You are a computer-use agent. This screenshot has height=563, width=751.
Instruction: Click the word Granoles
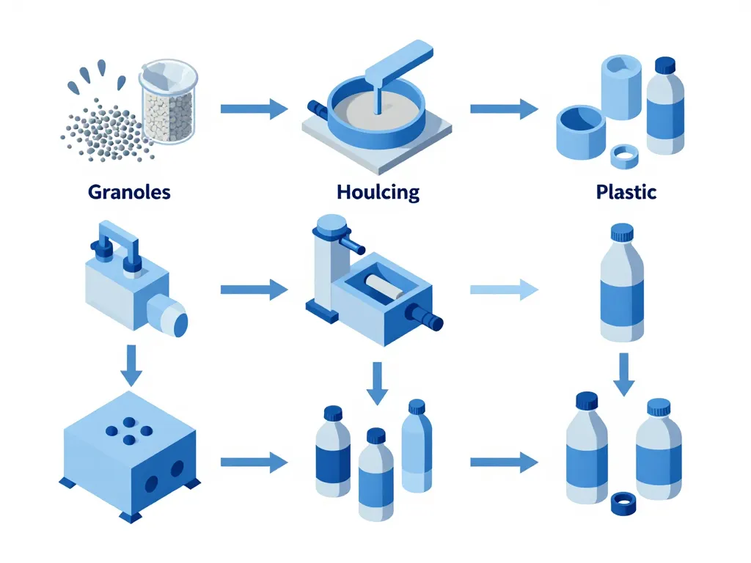pos(129,192)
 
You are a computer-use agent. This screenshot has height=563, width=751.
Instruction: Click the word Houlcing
pos(378,192)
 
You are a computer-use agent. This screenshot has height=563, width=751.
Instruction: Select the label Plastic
pos(626,192)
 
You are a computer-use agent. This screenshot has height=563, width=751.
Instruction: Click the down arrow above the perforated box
pos(131,364)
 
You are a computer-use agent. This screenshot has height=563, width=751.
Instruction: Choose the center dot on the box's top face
pos(129,430)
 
